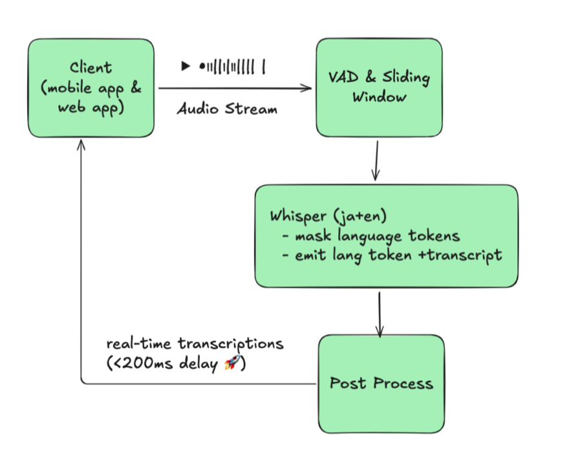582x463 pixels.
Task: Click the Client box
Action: pyautogui.click(x=91, y=89)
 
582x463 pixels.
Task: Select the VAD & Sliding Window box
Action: pyautogui.click(x=379, y=87)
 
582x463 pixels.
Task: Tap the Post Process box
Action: pyautogui.click(x=382, y=383)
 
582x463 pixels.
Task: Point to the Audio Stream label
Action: pyautogui.click(x=228, y=109)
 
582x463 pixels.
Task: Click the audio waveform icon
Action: pyautogui.click(x=233, y=66)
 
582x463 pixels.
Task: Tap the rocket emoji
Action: pyautogui.click(x=231, y=364)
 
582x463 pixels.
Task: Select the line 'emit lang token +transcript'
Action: pyautogui.click(x=392, y=255)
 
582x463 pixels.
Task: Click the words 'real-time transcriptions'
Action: pyautogui.click(x=195, y=343)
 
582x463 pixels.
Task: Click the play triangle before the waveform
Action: pyautogui.click(x=186, y=65)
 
